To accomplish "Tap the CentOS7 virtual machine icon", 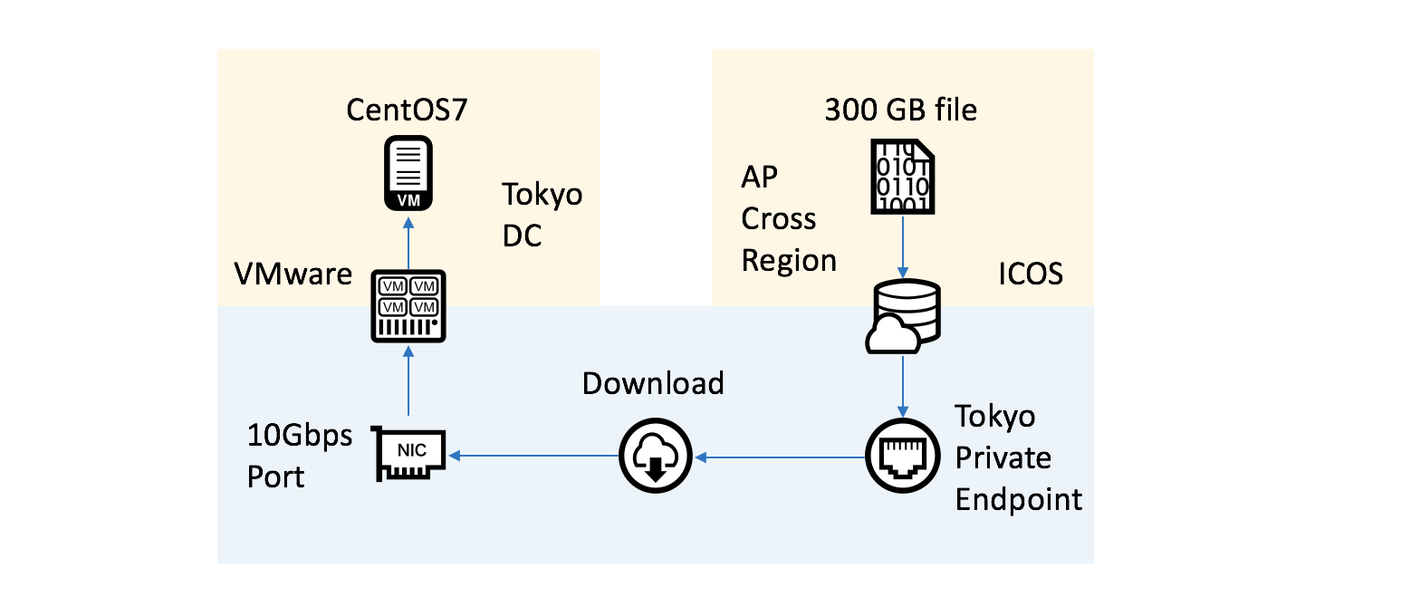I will pyautogui.click(x=408, y=174).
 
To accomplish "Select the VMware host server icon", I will pyautogui.click(x=408, y=306).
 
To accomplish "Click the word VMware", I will pyautogui.click(x=293, y=273).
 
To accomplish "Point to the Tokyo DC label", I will pyautogui.click(x=542, y=215).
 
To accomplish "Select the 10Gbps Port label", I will pyautogui.click(x=300, y=456).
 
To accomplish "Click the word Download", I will pyautogui.click(x=653, y=383).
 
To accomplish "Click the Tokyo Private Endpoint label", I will pyautogui.click(x=1019, y=457).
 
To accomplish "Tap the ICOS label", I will pyautogui.click(x=1030, y=273).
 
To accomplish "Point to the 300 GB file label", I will pyautogui.click(x=900, y=111).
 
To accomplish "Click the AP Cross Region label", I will pyautogui.click(x=789, y=219).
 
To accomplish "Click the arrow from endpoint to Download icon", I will pyautogui.click(x=781, y=457).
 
